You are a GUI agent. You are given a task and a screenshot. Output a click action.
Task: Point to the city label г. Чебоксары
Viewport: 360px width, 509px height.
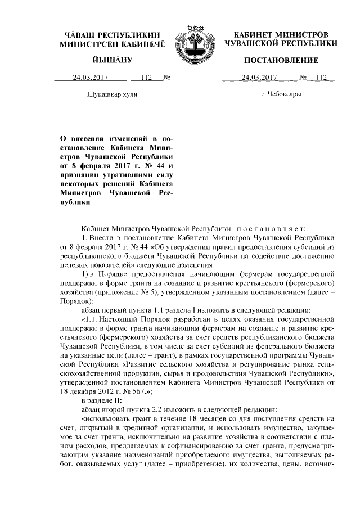click(x=281, y=93)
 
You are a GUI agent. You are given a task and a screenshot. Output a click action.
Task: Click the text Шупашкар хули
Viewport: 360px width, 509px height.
click(x=110, y=93)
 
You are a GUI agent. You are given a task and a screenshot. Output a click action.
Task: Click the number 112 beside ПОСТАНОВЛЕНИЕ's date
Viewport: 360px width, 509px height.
click(x=321, y=78)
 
